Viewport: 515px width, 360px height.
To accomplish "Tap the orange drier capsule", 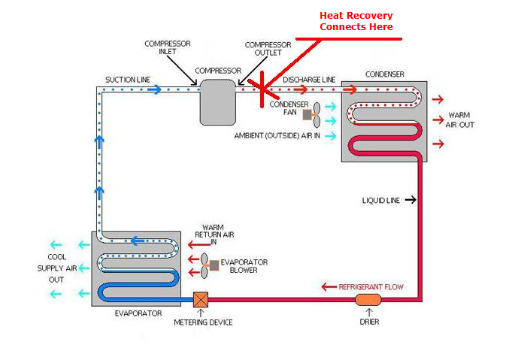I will coord(368,300).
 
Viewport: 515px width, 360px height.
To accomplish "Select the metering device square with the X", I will coord(201,299).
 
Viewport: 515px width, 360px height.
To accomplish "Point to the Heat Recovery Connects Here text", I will coord(356,21).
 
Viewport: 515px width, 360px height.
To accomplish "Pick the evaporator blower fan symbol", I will coord(208,265).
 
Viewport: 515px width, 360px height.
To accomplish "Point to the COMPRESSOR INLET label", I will coord(168,47).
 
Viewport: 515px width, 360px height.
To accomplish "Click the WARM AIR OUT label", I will coord(461,119).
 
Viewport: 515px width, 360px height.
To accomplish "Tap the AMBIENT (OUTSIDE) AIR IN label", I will coord(277,136).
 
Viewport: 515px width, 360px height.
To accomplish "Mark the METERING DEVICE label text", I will coord(203,322).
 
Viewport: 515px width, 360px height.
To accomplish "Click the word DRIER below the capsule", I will coord(368,322).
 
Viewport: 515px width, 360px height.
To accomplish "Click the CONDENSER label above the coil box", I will coord(384,74).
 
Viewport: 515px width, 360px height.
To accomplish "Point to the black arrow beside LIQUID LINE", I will coord(410,200).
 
